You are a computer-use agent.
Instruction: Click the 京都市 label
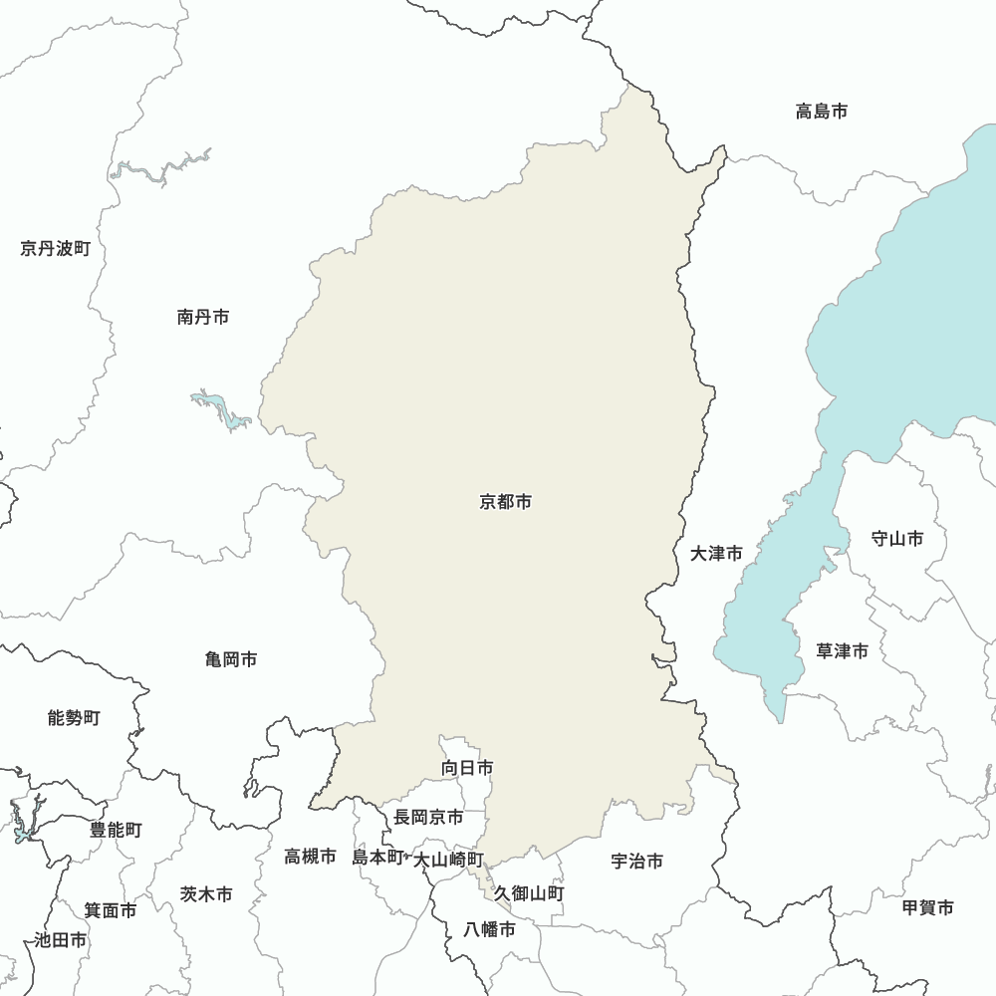coord(505,502)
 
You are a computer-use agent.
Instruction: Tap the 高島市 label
coord(822,112)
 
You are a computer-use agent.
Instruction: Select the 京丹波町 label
coord(55,248)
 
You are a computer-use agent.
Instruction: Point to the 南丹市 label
coord(203,317)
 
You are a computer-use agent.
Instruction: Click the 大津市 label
coord(716,554)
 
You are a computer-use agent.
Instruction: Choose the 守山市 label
coord(896,539)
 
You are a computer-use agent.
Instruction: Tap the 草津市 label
coord(842,651)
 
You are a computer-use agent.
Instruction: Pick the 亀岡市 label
coord(231,659)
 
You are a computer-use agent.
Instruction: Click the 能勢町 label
coord(74,717)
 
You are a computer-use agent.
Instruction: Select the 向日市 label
coord(467,768)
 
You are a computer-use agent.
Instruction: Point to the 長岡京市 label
coord(428,817)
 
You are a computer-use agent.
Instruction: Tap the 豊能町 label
coord(116,830)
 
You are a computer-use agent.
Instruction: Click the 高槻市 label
coord(310,856)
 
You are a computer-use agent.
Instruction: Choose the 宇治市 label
coord(637,861)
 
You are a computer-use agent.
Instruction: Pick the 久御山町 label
coord(529,893)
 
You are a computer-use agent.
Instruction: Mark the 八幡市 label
coord(490,930)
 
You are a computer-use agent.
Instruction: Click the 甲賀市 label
coord(927,907)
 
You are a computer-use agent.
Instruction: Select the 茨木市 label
coord(206,894)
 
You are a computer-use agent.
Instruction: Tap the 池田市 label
coord(60,939)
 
